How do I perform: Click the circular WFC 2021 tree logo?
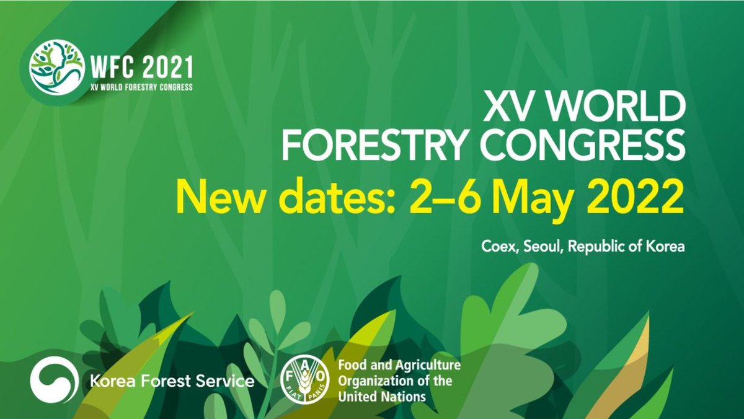click(57, 67)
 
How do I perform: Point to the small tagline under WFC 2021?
click(141, 87)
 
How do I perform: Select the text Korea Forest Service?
click(172, 380)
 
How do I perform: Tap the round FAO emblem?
click(304, 380)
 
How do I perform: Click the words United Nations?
click(382, 396)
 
